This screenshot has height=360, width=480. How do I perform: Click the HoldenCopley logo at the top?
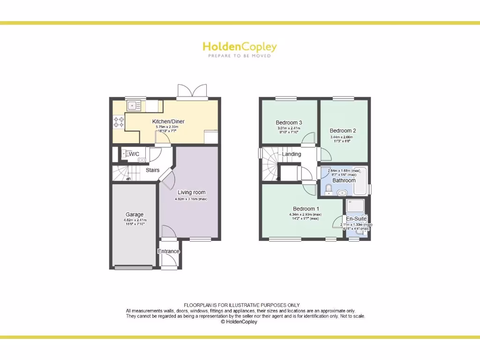240,47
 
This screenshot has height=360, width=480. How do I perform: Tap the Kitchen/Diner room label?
168,121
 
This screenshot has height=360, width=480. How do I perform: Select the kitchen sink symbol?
133,105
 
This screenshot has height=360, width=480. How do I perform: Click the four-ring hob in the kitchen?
118,122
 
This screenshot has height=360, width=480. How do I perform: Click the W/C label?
134,154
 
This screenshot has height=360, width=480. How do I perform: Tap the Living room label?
191,192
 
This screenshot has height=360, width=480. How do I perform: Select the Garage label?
135,215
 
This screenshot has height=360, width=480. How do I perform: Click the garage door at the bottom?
134,268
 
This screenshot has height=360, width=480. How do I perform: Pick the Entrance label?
168,251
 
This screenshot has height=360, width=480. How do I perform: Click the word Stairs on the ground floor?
152,170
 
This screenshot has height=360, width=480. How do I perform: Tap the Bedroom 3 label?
289,123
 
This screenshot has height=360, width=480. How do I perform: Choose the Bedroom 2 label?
343,131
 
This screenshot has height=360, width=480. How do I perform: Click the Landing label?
291,154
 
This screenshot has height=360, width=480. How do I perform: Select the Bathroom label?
344,180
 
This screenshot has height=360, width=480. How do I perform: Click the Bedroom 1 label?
306,209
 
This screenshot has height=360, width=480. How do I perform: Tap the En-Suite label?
356,218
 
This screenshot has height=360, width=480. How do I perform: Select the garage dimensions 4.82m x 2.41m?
135,220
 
